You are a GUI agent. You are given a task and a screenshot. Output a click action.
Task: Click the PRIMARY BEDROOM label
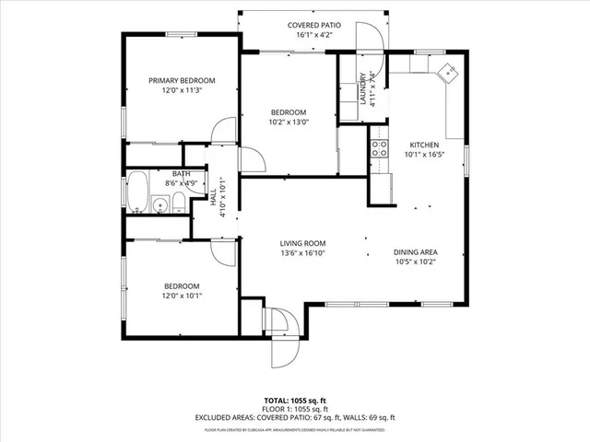coord(182,80)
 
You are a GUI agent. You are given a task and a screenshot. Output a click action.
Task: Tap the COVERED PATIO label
coord(314,25)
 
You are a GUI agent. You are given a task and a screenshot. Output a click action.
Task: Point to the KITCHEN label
coord(424,145)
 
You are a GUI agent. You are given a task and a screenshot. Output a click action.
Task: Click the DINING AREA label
coord(415,251)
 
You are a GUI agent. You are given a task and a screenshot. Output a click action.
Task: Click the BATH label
coord(182,173)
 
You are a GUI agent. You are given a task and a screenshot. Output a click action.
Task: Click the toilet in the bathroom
coord(177,204)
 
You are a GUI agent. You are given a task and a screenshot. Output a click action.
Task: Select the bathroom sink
coord(159,205)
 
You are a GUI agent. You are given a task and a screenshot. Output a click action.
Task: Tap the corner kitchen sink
coord(447,72)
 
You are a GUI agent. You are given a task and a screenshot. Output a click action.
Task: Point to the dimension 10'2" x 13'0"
coord(289,122)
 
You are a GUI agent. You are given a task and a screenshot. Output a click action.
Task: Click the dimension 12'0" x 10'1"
coord(182,296)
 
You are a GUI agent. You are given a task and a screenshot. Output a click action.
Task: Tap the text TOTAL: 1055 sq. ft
coord(295,401)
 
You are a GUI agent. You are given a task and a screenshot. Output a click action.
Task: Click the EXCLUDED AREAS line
coord(295,417)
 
